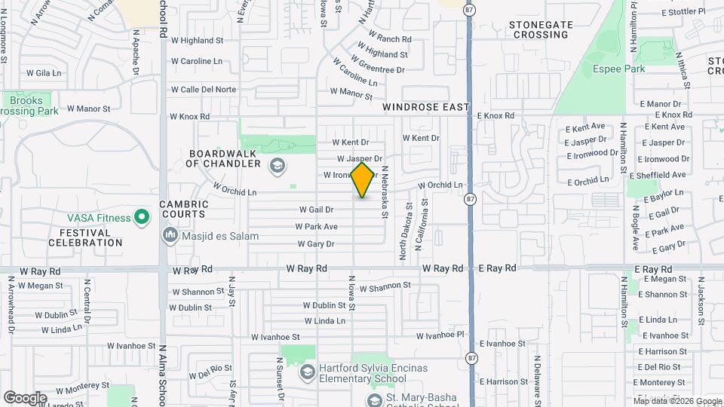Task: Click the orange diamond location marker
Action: tap(362, 180)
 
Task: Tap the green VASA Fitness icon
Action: tap(140, 218)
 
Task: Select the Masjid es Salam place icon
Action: tap(170, 236)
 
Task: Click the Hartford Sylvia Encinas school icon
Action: tap(307, 372)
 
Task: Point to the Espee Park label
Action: tap(618, 69)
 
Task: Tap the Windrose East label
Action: tap(425, 108)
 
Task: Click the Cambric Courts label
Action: tap(184, 210)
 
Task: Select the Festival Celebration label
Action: tap(85, 237)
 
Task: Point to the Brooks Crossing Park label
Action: tap(27, 106)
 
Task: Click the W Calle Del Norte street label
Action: tap(203, 89)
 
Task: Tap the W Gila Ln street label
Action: tap(43, 73)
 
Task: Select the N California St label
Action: tap(425, 219)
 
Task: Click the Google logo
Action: tap(25, 397)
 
